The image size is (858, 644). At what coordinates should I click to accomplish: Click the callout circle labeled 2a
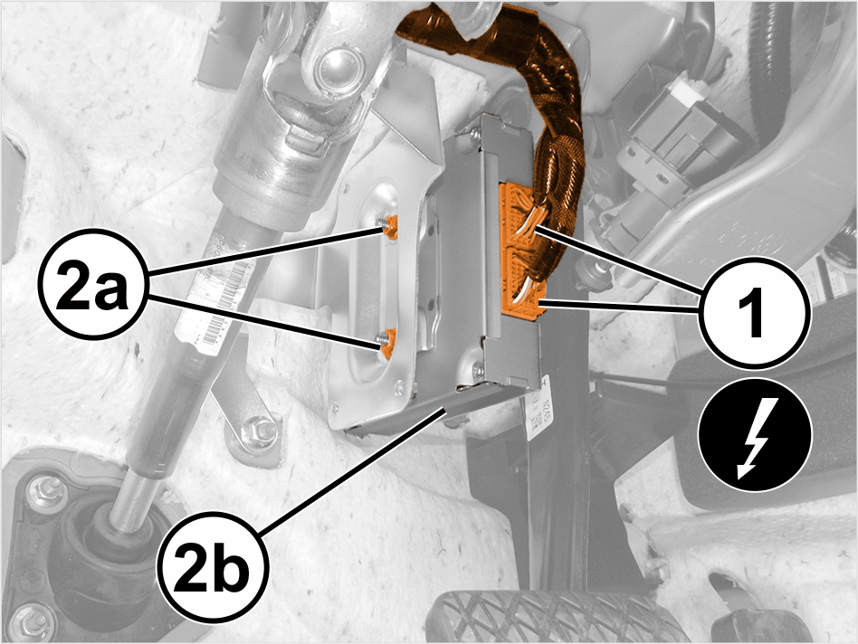click(93, 287)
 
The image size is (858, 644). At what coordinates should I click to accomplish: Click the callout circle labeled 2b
click(214, 566)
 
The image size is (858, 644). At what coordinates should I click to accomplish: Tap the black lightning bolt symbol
click(755, 435)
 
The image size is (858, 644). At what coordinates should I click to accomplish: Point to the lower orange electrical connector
click(522, 284)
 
